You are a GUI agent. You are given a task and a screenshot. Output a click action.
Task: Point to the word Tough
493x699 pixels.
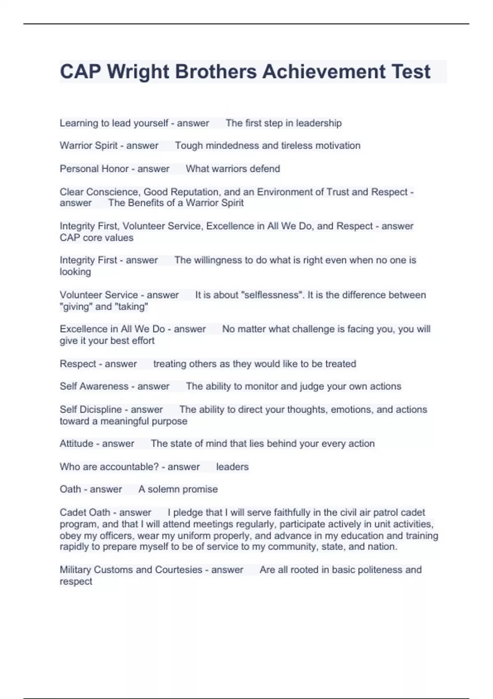coord(189,146)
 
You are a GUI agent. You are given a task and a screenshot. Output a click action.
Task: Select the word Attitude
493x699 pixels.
coord(76,444)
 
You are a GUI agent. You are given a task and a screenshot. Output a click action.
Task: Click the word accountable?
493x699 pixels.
coord(129,467)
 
